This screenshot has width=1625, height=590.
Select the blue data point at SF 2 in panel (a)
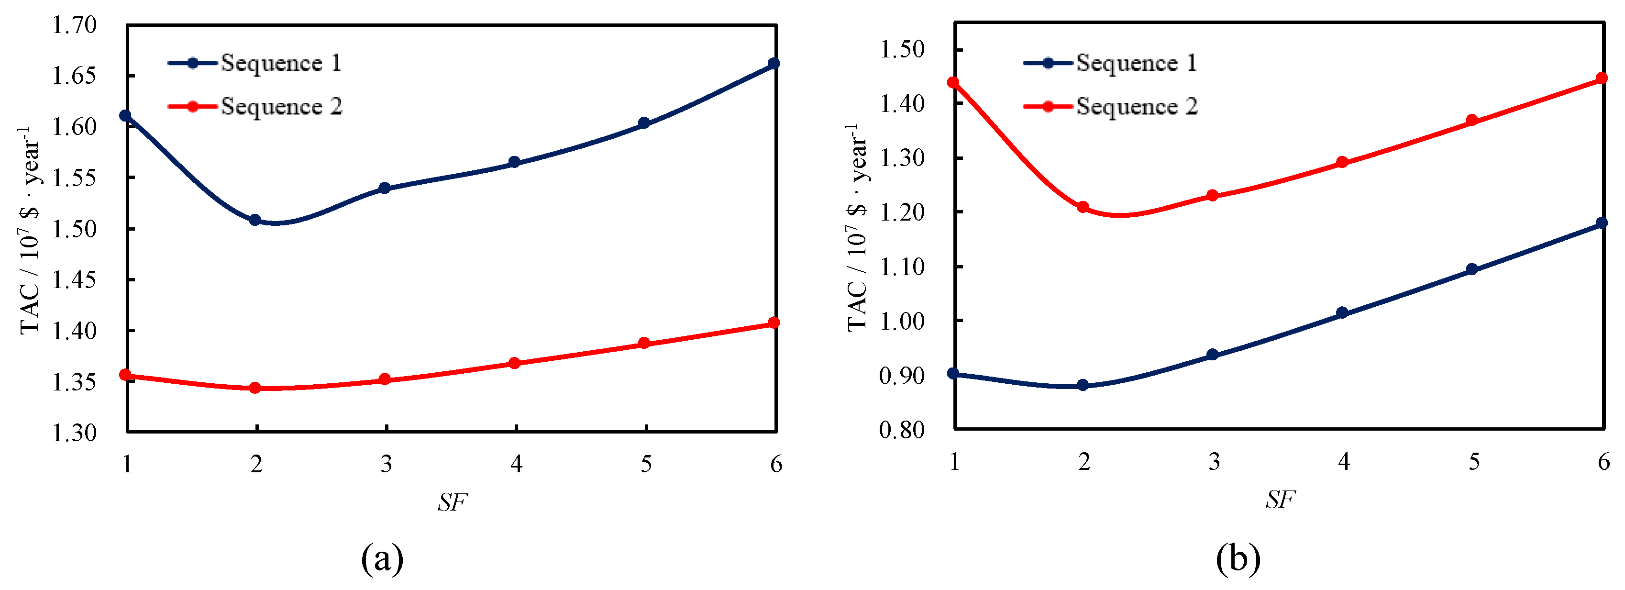point(255,220)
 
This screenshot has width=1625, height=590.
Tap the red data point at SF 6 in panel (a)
point(774,323)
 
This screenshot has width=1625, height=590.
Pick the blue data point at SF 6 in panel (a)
point(774,64)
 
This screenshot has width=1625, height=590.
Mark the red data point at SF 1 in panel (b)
point(953,83)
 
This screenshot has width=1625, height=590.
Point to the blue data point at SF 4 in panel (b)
point(1342,313)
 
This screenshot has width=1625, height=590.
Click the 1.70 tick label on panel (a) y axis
point(74,25)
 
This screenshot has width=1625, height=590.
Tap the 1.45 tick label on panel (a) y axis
point(74,279)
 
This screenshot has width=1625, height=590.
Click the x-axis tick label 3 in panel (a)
point(386,465)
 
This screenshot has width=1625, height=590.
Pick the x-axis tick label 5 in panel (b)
point(1474,462)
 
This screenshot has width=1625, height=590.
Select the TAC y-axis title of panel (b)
point(857,227)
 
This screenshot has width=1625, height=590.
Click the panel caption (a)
point(382,558)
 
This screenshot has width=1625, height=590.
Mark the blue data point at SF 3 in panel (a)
point(385,188)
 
